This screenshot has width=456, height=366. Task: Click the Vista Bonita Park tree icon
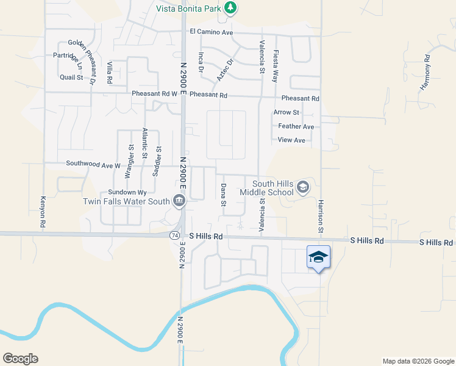[x=230, y=8]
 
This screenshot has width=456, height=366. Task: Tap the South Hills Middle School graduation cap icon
[x=303, y=187]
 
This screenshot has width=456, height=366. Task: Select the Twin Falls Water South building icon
[x=179, y=201]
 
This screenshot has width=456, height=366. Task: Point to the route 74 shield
[x=174, y=235]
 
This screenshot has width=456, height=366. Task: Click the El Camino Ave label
[x=212, y=32]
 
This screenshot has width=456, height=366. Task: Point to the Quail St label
[x=71, y=77]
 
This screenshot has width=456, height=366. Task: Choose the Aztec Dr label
[x=225, y=70]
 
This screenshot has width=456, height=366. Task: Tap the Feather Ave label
[x=296, y=126]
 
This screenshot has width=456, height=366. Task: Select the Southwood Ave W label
[x=93, y=165]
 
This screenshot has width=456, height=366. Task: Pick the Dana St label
[x=223, y=195]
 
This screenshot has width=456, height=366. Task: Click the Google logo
[x=20, y=359]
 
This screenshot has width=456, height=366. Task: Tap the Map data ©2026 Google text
[x=418, y=361]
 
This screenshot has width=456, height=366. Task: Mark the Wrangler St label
[x=130, y=161]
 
